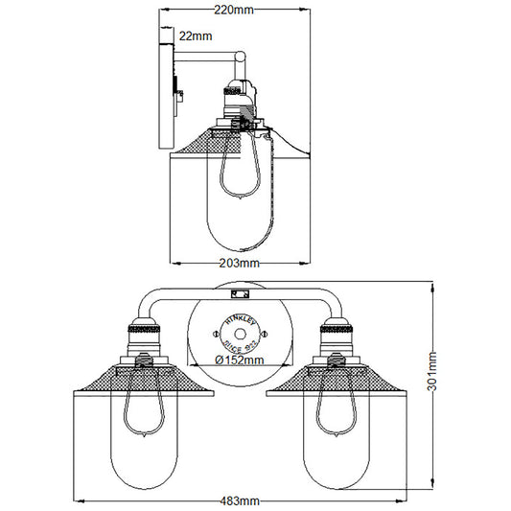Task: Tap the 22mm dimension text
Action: (196, 36)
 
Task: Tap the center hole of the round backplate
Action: (240, 335)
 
